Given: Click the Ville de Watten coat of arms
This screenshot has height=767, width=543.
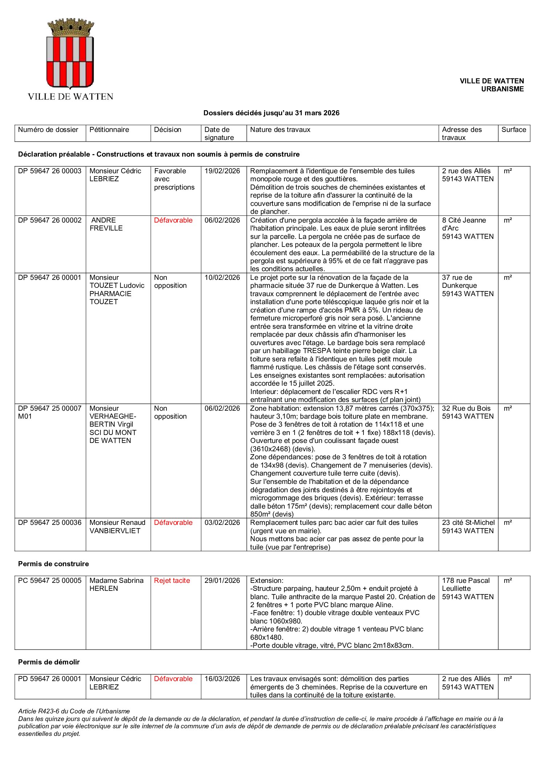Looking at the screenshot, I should point(70,54).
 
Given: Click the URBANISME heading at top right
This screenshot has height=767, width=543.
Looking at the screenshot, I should point(502,89).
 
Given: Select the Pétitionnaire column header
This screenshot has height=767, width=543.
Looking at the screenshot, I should point(109,130).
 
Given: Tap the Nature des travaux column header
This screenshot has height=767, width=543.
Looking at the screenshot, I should point(280,130).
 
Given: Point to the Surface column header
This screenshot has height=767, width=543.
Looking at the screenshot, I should point(513,130).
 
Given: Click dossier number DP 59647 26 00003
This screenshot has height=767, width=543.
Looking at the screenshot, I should point(50,171).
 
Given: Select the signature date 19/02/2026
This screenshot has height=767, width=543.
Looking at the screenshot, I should point(222,171).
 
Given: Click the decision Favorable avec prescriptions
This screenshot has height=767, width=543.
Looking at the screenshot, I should point(174,179).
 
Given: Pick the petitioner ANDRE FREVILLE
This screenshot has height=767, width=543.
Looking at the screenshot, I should point(106,224).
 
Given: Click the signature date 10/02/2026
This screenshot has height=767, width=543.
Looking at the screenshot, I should point(222,278).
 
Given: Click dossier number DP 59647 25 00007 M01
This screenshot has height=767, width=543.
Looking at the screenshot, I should point(50,412).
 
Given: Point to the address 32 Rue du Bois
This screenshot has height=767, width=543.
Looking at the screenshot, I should point(466,409).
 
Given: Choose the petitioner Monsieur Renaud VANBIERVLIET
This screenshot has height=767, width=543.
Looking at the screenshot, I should point(117,527).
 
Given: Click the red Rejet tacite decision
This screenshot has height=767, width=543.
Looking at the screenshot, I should point(172,581).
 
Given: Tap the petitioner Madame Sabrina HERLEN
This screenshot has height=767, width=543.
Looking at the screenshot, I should point(116,585).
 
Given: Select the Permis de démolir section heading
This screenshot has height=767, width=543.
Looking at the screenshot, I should point(49,662).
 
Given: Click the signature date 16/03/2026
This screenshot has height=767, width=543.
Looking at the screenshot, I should point(222,679).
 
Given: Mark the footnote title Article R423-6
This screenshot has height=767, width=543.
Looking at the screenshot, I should point(74,711).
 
